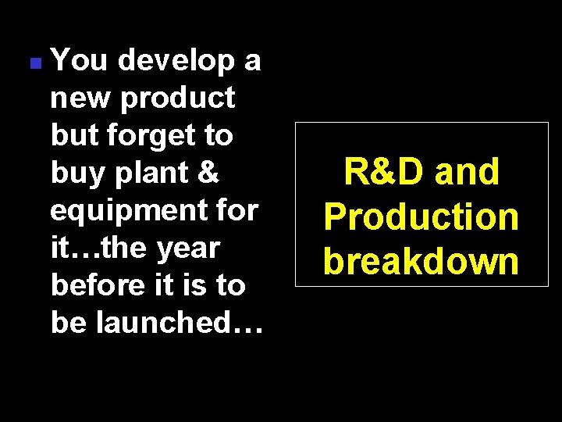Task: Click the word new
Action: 77,98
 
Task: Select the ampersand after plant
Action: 208,173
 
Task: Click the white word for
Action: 237,210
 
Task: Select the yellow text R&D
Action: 383,172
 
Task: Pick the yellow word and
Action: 467,172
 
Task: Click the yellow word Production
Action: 421,216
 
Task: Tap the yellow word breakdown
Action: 421,260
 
